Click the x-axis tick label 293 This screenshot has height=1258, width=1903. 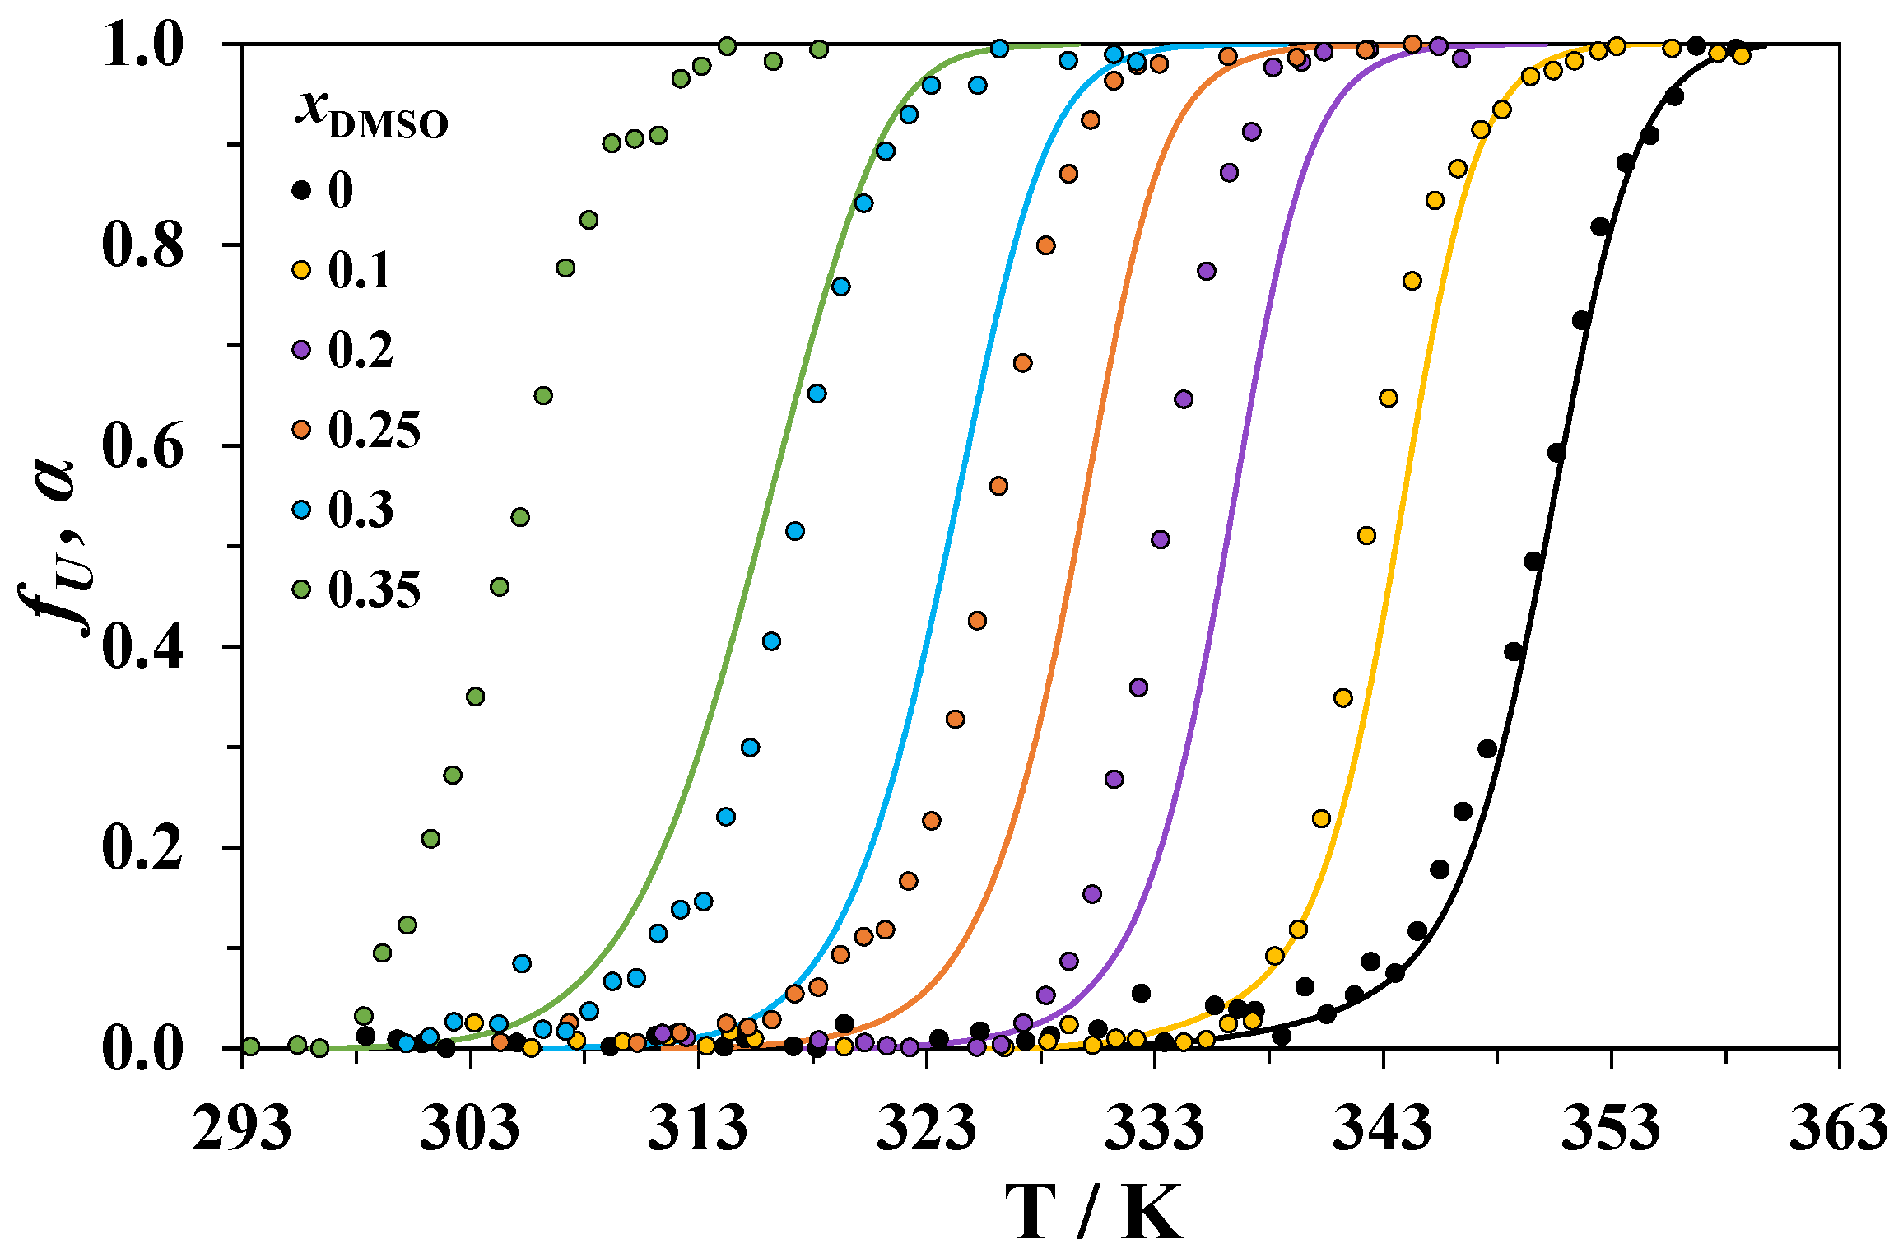[242, 1129]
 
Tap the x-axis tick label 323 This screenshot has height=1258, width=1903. [927, 1129]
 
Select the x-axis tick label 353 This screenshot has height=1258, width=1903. [1611, 1129]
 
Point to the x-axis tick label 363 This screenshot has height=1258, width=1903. [1839, 1129]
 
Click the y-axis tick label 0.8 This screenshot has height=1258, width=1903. [142, 245]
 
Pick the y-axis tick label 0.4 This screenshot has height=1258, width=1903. [142, 647]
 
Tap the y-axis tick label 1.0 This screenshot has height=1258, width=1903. [142, 45]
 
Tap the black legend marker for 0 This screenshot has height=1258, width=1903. [302, 190]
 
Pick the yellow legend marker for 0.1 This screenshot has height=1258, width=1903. [302, 270]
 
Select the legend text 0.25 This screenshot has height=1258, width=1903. [375, 430]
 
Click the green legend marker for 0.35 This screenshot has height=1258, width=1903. [302, 589]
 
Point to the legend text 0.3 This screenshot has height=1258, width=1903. [361, 510]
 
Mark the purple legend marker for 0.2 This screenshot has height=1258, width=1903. [302, 350]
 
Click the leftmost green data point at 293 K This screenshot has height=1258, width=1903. [251, 1046]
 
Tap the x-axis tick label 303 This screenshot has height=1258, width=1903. [470, 1129]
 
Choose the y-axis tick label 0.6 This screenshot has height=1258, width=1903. [142, 446]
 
